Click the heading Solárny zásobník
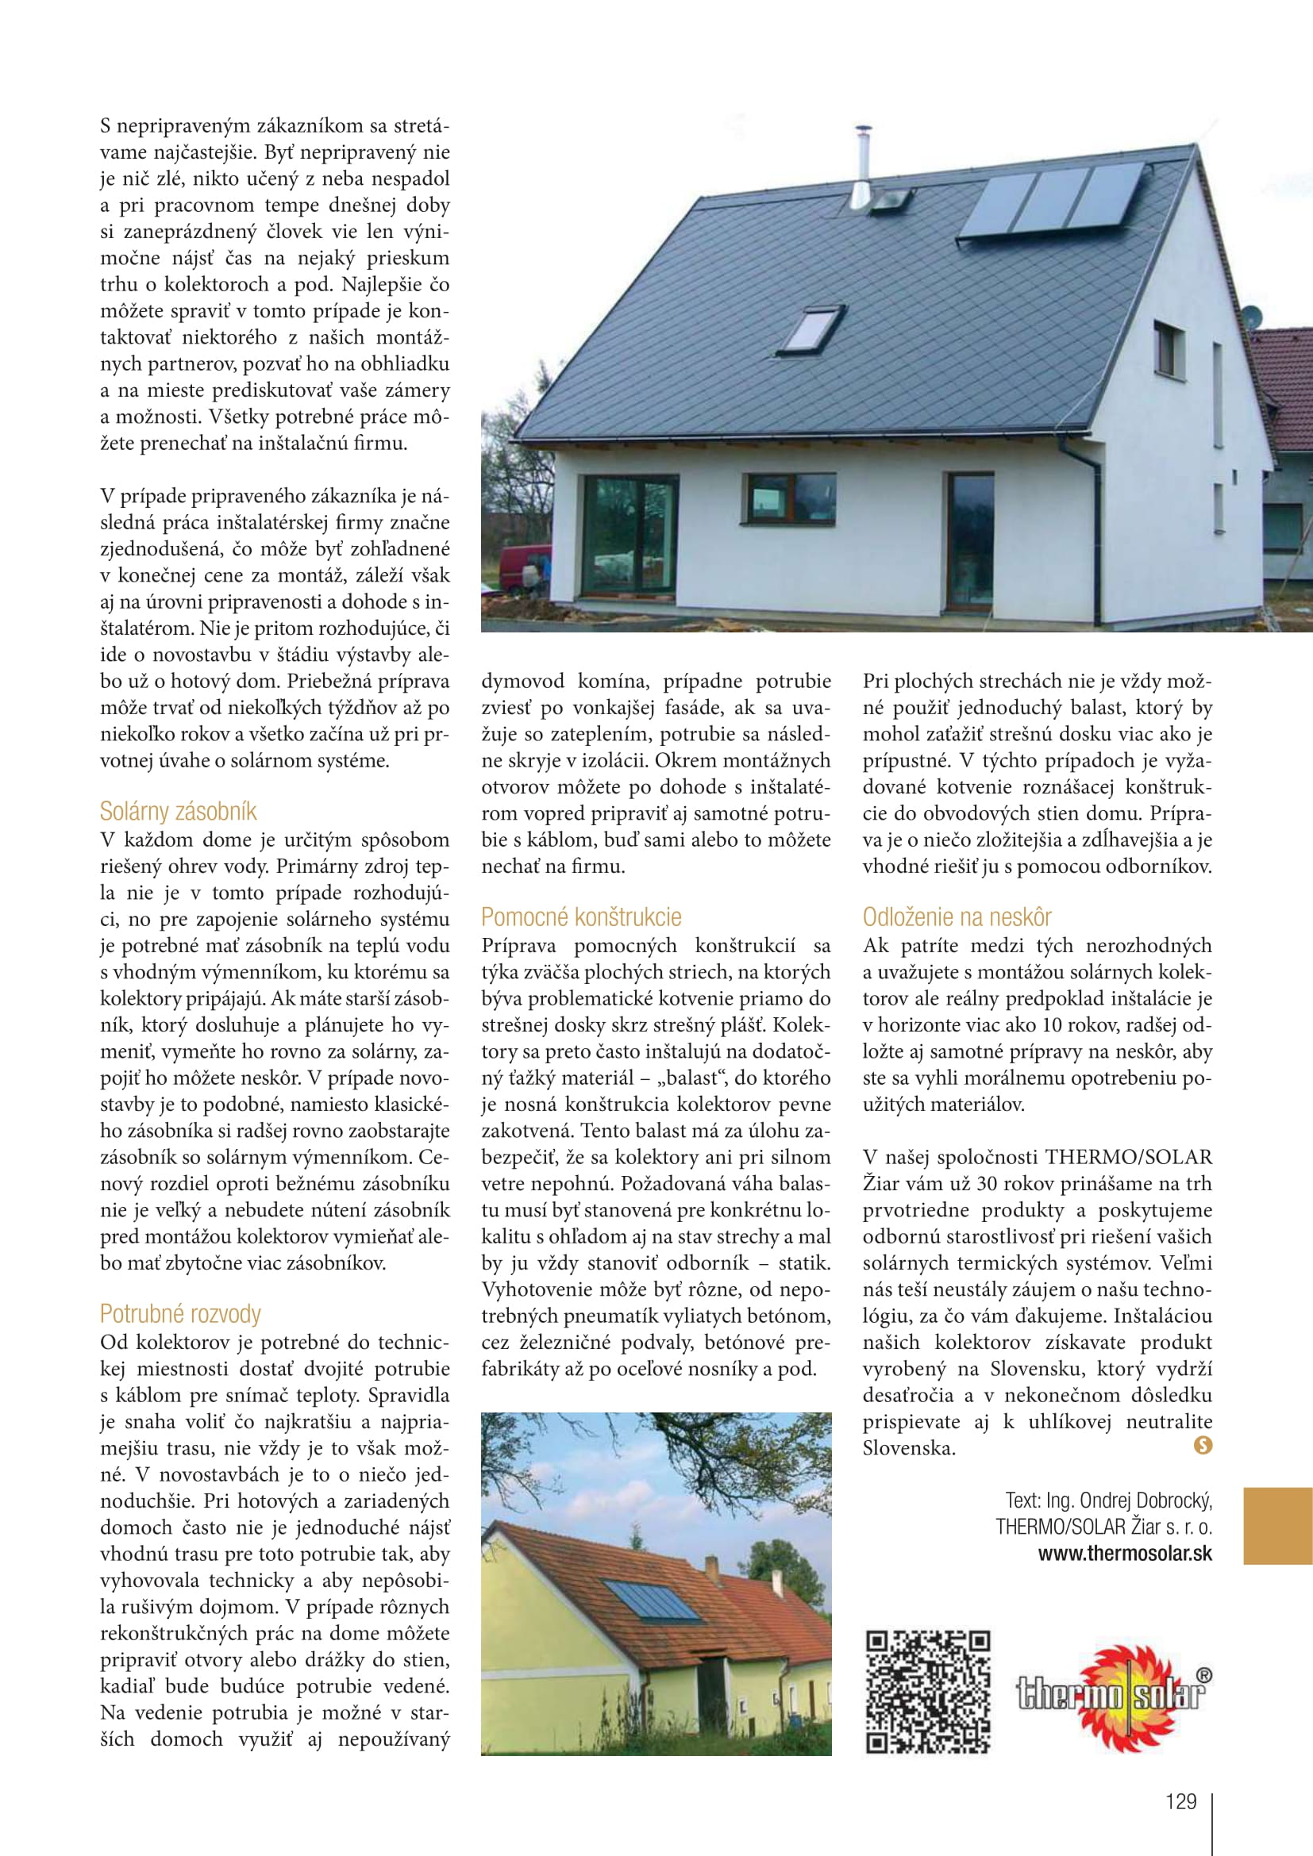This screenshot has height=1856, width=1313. [x=178, y=811]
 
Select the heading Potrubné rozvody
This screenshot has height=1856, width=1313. [x=180, y=1313]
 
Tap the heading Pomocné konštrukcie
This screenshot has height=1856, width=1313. [x=580, y=916]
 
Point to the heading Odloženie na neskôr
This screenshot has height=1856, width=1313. [x=957, y=916]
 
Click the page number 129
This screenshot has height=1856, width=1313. [x=1180, y=1801]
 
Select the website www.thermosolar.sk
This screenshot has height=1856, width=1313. [x=1125, y=1554]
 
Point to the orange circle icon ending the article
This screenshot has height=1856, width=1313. [x=1203, y=1445]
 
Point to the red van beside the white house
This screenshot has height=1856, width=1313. [x=525, y=571]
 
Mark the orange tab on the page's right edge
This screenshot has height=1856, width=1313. [x=1277, y=1526]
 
